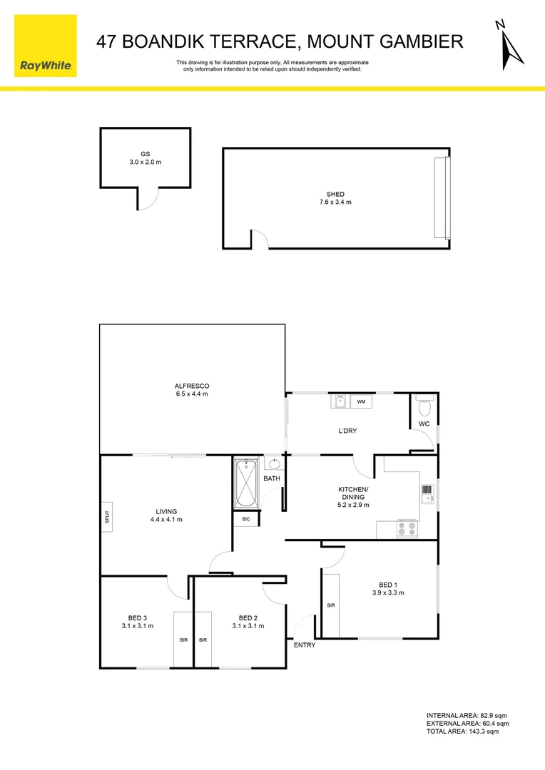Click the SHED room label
[335, 194]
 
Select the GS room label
[146, 154]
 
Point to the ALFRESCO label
[193, 386]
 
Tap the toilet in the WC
[425, 408]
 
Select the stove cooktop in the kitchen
[407, 529]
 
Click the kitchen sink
[427, 493]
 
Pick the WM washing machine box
[361, 401]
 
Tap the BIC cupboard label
[246, 519]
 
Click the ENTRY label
[305, 645]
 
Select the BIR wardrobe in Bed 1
[331, 605]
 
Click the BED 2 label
[248, 617]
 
